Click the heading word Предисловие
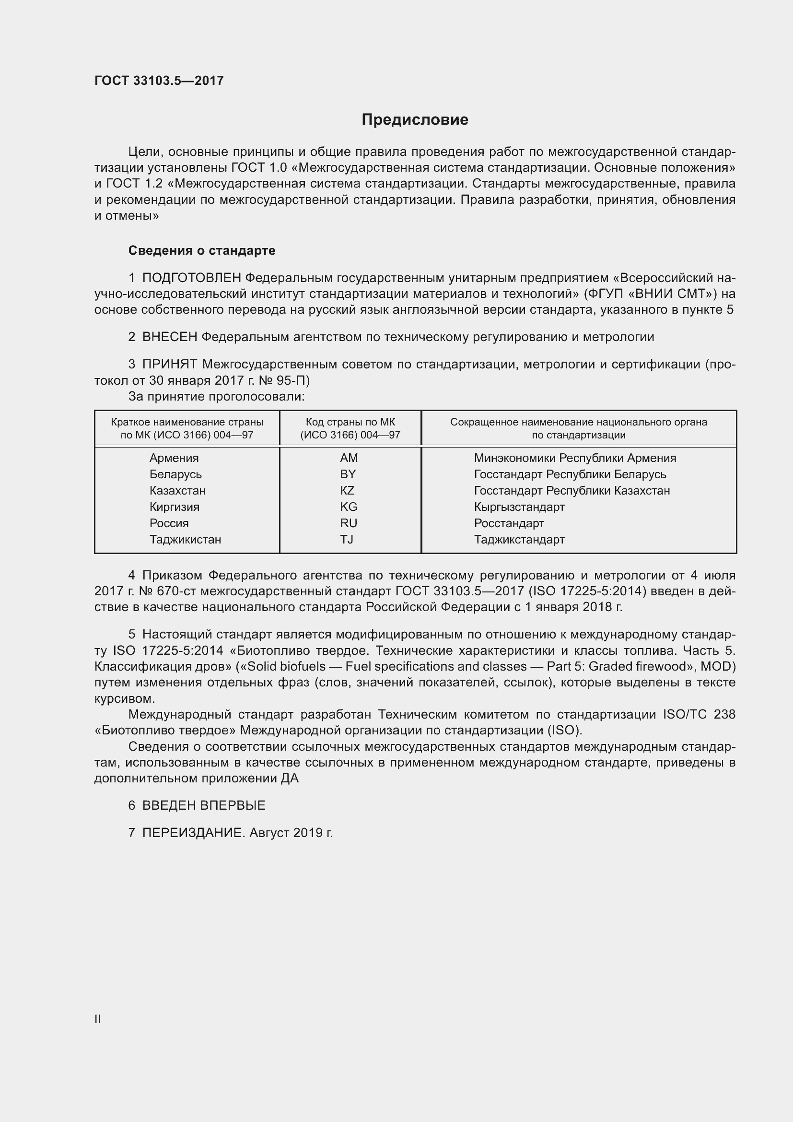coord(415,120)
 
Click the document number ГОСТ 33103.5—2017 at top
coord(159,81)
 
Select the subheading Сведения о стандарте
coord(202,251)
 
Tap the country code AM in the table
coord(349,458)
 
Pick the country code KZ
coord(347,491)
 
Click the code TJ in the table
coord(347,540)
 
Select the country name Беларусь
coord(175,474)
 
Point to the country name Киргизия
coord(175,507)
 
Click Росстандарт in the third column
coord(509,523)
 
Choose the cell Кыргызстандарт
coord(519,507)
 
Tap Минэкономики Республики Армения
coord(575,458)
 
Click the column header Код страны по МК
coord(350,422)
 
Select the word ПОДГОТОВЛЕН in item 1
coord(191,278)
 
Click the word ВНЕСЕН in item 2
coord(169,337)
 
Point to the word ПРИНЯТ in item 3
coord(169,364)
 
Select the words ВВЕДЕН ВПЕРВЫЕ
coord(204,805)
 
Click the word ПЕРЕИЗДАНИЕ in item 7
coord(192,833)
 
